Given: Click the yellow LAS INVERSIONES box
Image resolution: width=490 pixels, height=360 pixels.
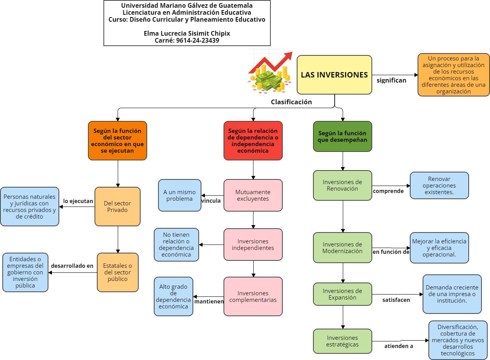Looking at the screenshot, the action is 334,75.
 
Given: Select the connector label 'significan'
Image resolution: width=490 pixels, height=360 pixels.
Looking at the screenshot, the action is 391,81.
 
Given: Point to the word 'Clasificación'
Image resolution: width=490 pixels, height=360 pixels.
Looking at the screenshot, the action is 291,102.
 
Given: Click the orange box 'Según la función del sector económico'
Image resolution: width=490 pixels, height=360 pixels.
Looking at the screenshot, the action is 117,141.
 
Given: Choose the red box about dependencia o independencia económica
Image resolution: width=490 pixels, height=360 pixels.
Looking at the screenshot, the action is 253,141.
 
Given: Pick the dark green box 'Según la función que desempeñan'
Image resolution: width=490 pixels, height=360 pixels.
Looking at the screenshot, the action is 342,136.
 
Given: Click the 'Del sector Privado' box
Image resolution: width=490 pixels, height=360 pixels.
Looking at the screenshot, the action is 117,207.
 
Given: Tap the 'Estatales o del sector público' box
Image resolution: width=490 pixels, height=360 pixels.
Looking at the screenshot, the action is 118,272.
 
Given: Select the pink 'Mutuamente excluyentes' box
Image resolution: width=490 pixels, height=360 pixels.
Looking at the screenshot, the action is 253,195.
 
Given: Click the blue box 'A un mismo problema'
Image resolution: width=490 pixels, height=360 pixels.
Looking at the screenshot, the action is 180,195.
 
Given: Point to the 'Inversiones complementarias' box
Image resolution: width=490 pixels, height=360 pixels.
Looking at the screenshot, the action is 253,296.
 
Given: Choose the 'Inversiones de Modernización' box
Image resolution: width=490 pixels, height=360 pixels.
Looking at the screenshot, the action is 342,248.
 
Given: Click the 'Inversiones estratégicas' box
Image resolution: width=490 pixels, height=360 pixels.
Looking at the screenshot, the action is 342,341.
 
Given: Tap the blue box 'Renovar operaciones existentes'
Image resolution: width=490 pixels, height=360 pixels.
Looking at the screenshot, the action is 439,186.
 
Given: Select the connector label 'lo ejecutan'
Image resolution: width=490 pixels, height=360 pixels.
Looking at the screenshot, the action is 78,201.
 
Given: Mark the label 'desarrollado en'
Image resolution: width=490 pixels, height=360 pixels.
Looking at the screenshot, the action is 72,266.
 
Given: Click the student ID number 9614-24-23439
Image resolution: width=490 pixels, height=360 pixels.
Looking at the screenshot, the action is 198,40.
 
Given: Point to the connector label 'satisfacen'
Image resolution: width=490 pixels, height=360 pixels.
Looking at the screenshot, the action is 396,300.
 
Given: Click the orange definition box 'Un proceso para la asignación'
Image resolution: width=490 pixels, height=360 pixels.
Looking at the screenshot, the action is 454,75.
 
